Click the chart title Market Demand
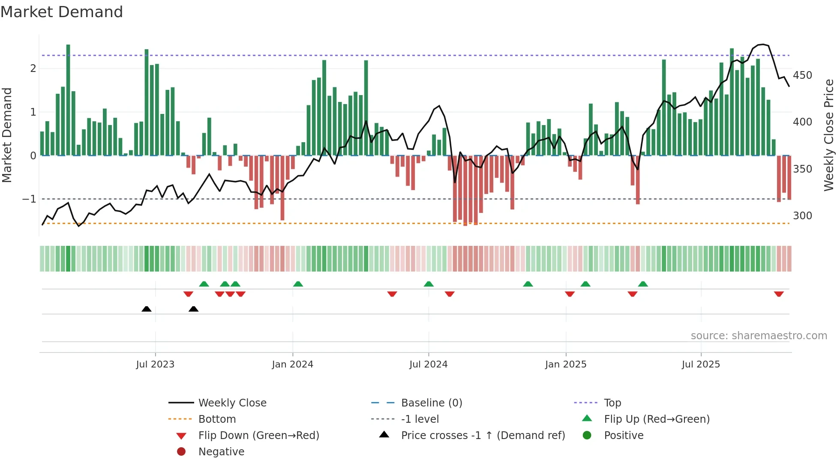pyautogui.click(x=62, y=12)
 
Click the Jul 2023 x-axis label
pyautogui.click(x=155, y=364)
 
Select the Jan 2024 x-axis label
pyautogui.click(x=293, y=364)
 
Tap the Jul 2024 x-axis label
pyautogui.click(x=428, y=364)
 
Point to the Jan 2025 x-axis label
pyautogui.click(x=566, y=364)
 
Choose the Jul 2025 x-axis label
pyautogui.click(x=701, y=364)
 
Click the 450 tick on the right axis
pyautogui.click(x=802, y=75)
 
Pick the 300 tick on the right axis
pyautogui.click(x=802, y=216)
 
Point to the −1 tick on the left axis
pyautogui.click(x=29, y=199)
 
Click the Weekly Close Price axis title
pyautogui.click(x=829, y=135)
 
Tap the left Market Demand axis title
pyautogui.click(x=7, y=135)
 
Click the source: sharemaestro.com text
pyautogui.click(x=759, y=336)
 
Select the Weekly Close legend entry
pyautogui.click(x=232, y=403)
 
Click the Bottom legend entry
pyautogui.click(x=217, y=419)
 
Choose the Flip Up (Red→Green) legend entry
pyautogui.click(x=657, y=419)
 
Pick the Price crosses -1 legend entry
pyautogui.click(x=483, y=436)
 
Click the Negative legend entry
pyautogui.click(x=221, y=452)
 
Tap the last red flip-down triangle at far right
pyautogui.click(x=779, y=294)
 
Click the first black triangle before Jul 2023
pyautogui.click(x=147, y=309)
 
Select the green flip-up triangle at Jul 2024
pyautogui.click(x=429, y=284)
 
